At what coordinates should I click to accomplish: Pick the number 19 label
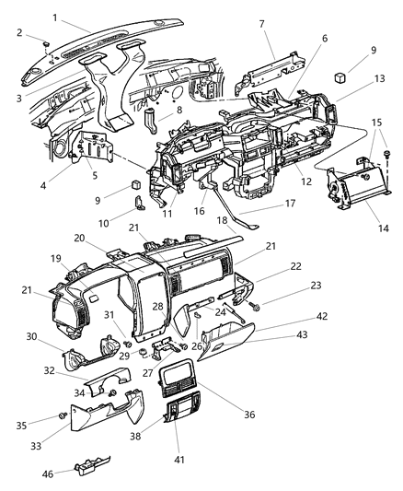click(56, 259)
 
